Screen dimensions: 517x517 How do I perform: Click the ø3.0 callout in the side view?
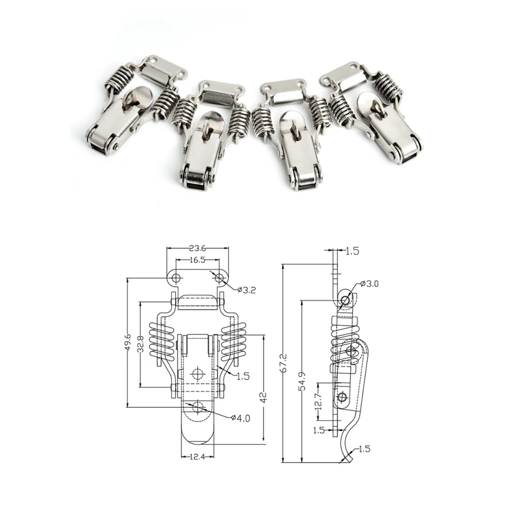tap(372, 284)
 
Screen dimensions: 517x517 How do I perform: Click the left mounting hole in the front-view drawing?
tap(175, 278)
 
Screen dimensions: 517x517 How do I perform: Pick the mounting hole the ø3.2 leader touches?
tap(220, 279)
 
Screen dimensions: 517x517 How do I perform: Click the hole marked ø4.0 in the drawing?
tap(198, 406)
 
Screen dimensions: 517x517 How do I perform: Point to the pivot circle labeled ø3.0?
tap(347, 299)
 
